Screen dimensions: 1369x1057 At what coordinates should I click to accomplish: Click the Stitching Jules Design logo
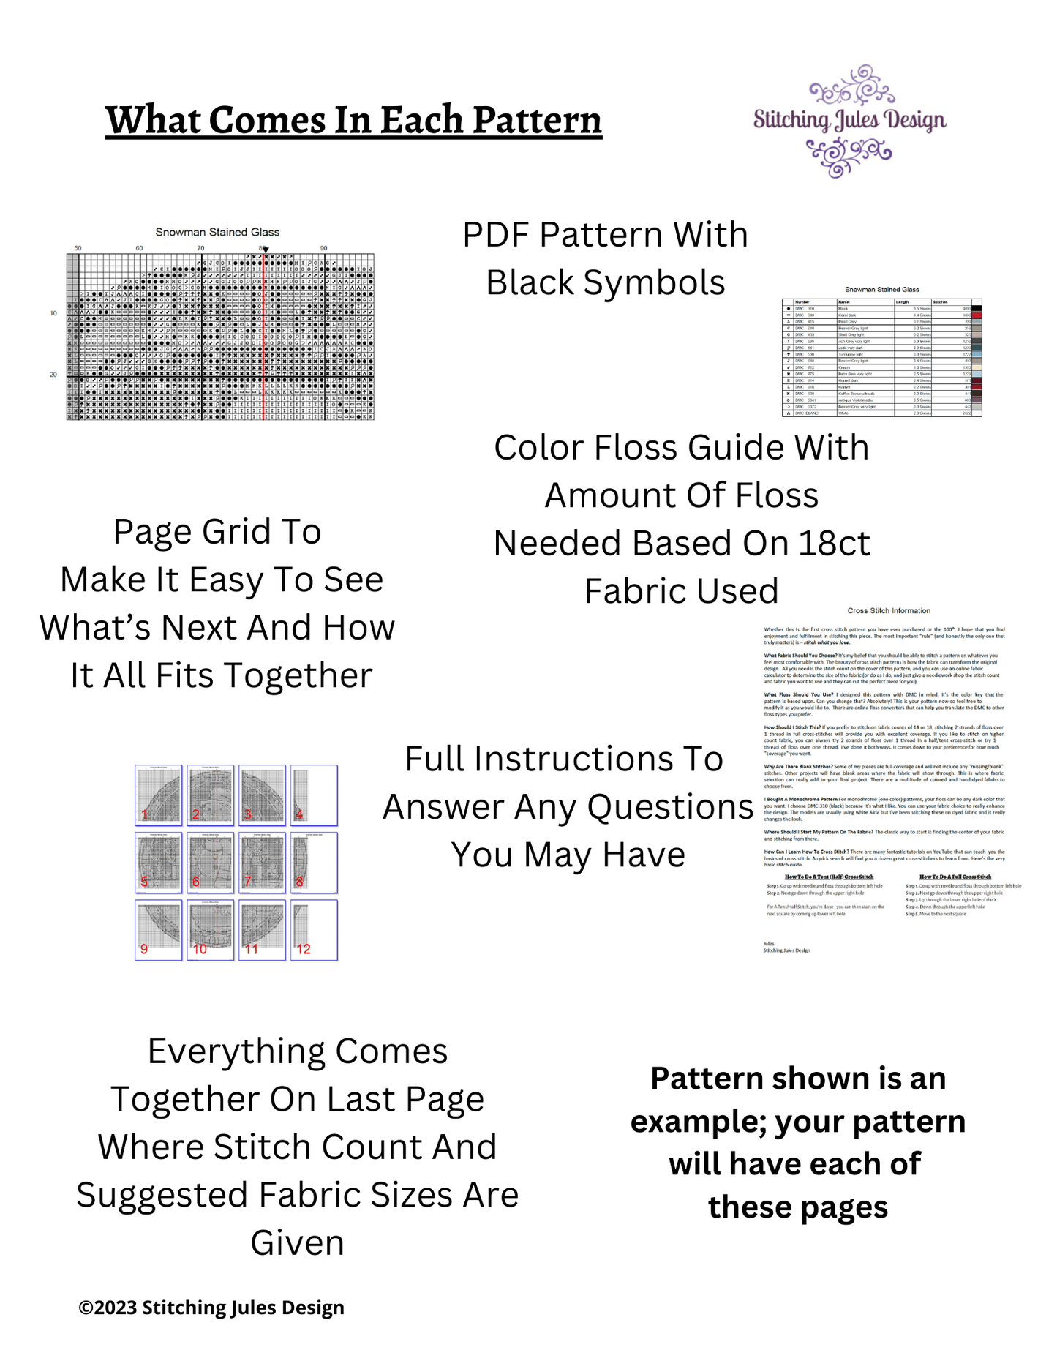click(x=849, y=121)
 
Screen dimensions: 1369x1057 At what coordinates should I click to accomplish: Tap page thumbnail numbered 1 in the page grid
click(x=159, y=795)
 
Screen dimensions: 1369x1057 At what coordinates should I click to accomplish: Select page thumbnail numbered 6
click(x=211, y=862)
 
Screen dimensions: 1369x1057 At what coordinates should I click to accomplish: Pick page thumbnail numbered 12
click(x=314, y=929)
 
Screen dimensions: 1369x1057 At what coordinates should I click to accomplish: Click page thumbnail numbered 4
click(x=314, y=795)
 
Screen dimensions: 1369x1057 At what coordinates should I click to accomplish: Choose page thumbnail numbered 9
click(x=159, y=929)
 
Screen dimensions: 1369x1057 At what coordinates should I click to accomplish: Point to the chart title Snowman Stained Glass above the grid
click(x=217, y=232)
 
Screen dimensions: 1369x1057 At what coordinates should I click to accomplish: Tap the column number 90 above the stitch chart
click(x=323, y=248)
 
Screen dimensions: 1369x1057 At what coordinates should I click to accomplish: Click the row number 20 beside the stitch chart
click(x=53, y=375)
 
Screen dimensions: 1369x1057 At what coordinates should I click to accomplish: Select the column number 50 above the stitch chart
click(x=78, y=248)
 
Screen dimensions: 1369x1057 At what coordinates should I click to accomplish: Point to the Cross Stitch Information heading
click(x=889, y=610)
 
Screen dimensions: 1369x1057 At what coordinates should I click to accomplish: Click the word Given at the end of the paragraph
click(x=297, y=1242)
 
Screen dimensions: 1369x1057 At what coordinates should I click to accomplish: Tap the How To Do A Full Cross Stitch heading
click(x=955, y=876)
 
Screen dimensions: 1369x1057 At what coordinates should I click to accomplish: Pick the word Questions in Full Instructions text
click(x=670, y=807)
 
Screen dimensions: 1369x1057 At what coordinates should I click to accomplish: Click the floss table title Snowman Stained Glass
click(x=881, y=290)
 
